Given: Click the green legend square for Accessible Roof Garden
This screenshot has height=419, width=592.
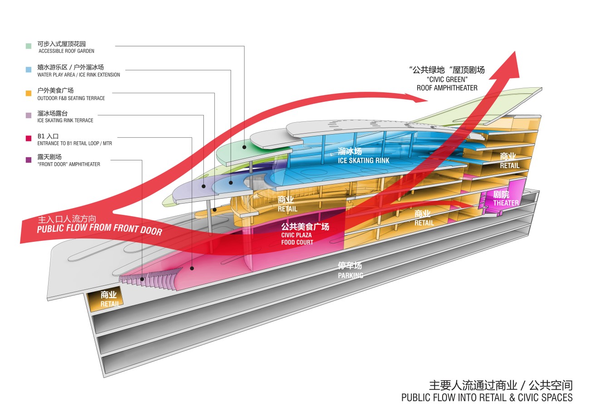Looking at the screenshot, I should [29, 46].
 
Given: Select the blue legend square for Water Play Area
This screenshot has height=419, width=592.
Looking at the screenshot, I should [29, 70].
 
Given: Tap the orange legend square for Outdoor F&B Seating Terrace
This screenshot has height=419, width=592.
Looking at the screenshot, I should [29, 93].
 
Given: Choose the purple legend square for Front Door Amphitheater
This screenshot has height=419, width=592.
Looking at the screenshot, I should [29, 160].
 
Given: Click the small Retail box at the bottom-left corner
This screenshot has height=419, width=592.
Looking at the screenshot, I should [109, 299].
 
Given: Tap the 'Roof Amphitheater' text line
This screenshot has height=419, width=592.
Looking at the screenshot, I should [447, 88].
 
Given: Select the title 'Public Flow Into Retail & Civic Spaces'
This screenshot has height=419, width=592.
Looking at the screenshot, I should [487, 398].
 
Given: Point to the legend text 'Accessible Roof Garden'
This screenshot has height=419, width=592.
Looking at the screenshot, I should [66, 51].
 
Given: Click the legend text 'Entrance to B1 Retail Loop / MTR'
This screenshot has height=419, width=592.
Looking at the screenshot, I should [75, 144].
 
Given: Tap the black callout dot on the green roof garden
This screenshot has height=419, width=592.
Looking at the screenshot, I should [244, 147].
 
